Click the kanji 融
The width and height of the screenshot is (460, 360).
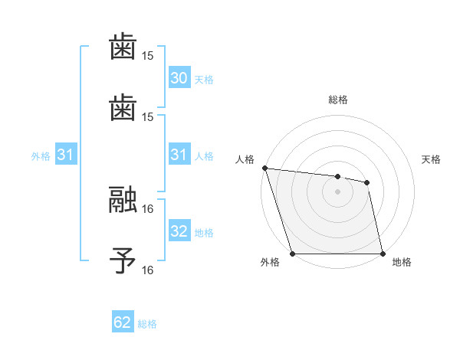[x=123, y=199]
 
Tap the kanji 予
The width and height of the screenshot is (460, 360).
[x=123, y=260]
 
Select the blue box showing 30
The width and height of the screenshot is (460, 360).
[x=179, y=78]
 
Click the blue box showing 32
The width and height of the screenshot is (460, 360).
[x=179, y=231]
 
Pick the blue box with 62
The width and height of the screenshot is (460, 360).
[x=123, y=322]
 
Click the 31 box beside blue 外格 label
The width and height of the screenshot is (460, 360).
[x=66, y=155]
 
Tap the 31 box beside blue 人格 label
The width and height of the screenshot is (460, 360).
[x=179, y=155]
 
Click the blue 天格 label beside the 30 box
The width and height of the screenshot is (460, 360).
[x=204, y=79]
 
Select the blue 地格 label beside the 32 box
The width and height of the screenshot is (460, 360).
[x=204, y=232]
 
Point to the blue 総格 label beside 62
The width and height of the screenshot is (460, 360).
[x=147, y=323]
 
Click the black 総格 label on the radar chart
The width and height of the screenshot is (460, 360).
[x=338, y=100]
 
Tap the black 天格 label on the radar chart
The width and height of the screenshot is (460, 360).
[x=431, y=159]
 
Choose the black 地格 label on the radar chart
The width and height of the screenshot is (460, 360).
[x=402, y=263]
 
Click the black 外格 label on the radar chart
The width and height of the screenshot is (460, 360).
[x=270, y=263]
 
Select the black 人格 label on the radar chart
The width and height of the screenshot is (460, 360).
[x=245, y=159]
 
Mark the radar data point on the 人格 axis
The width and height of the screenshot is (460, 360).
[x=264, y=168]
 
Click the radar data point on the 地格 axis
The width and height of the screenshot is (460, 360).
[x=383, y=254]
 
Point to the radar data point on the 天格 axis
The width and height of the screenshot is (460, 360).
[x=367, y=182]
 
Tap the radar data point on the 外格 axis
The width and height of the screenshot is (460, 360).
[x=293, y=254]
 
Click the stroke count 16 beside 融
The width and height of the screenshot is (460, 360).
[x=148, y=208]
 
